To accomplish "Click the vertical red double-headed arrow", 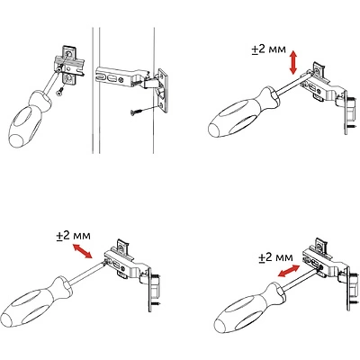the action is point(293,63).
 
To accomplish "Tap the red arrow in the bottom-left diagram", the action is point(82,251).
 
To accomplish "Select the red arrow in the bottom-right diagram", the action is point(288,271).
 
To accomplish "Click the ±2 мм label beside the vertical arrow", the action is point(269,49).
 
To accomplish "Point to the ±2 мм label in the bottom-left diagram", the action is point(73,236).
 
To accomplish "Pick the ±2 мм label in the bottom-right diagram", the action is point(275,257).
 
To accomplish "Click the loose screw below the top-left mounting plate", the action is point(60,91).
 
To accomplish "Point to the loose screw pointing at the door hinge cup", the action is point(139,111).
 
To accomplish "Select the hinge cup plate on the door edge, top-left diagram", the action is point(162,90).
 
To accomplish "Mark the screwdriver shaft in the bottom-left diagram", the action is point(87,273).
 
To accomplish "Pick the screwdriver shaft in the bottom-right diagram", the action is point(301,277).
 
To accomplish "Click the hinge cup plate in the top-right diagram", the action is point(350,116).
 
